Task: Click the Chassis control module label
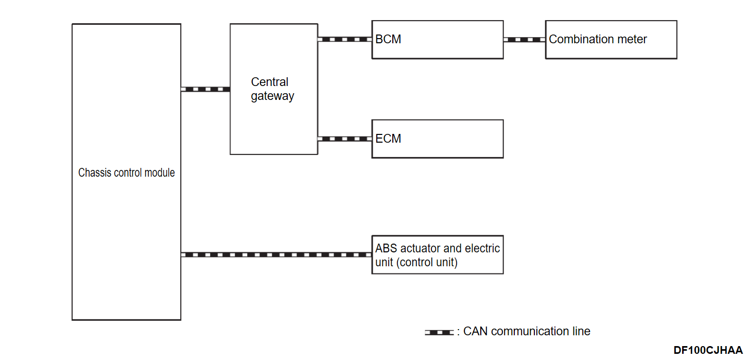126,173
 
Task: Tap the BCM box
437,40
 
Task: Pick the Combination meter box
611,40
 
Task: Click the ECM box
437,139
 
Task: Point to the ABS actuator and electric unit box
437,255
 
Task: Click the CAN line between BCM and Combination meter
524,40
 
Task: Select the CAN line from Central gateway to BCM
344,39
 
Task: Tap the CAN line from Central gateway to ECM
344,139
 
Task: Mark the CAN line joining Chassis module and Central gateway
205,89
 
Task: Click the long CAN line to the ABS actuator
276,254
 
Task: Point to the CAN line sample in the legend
439,332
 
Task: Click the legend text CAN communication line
527,332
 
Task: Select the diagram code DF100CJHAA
708,350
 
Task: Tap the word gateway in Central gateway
272,96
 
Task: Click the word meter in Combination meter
632,40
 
